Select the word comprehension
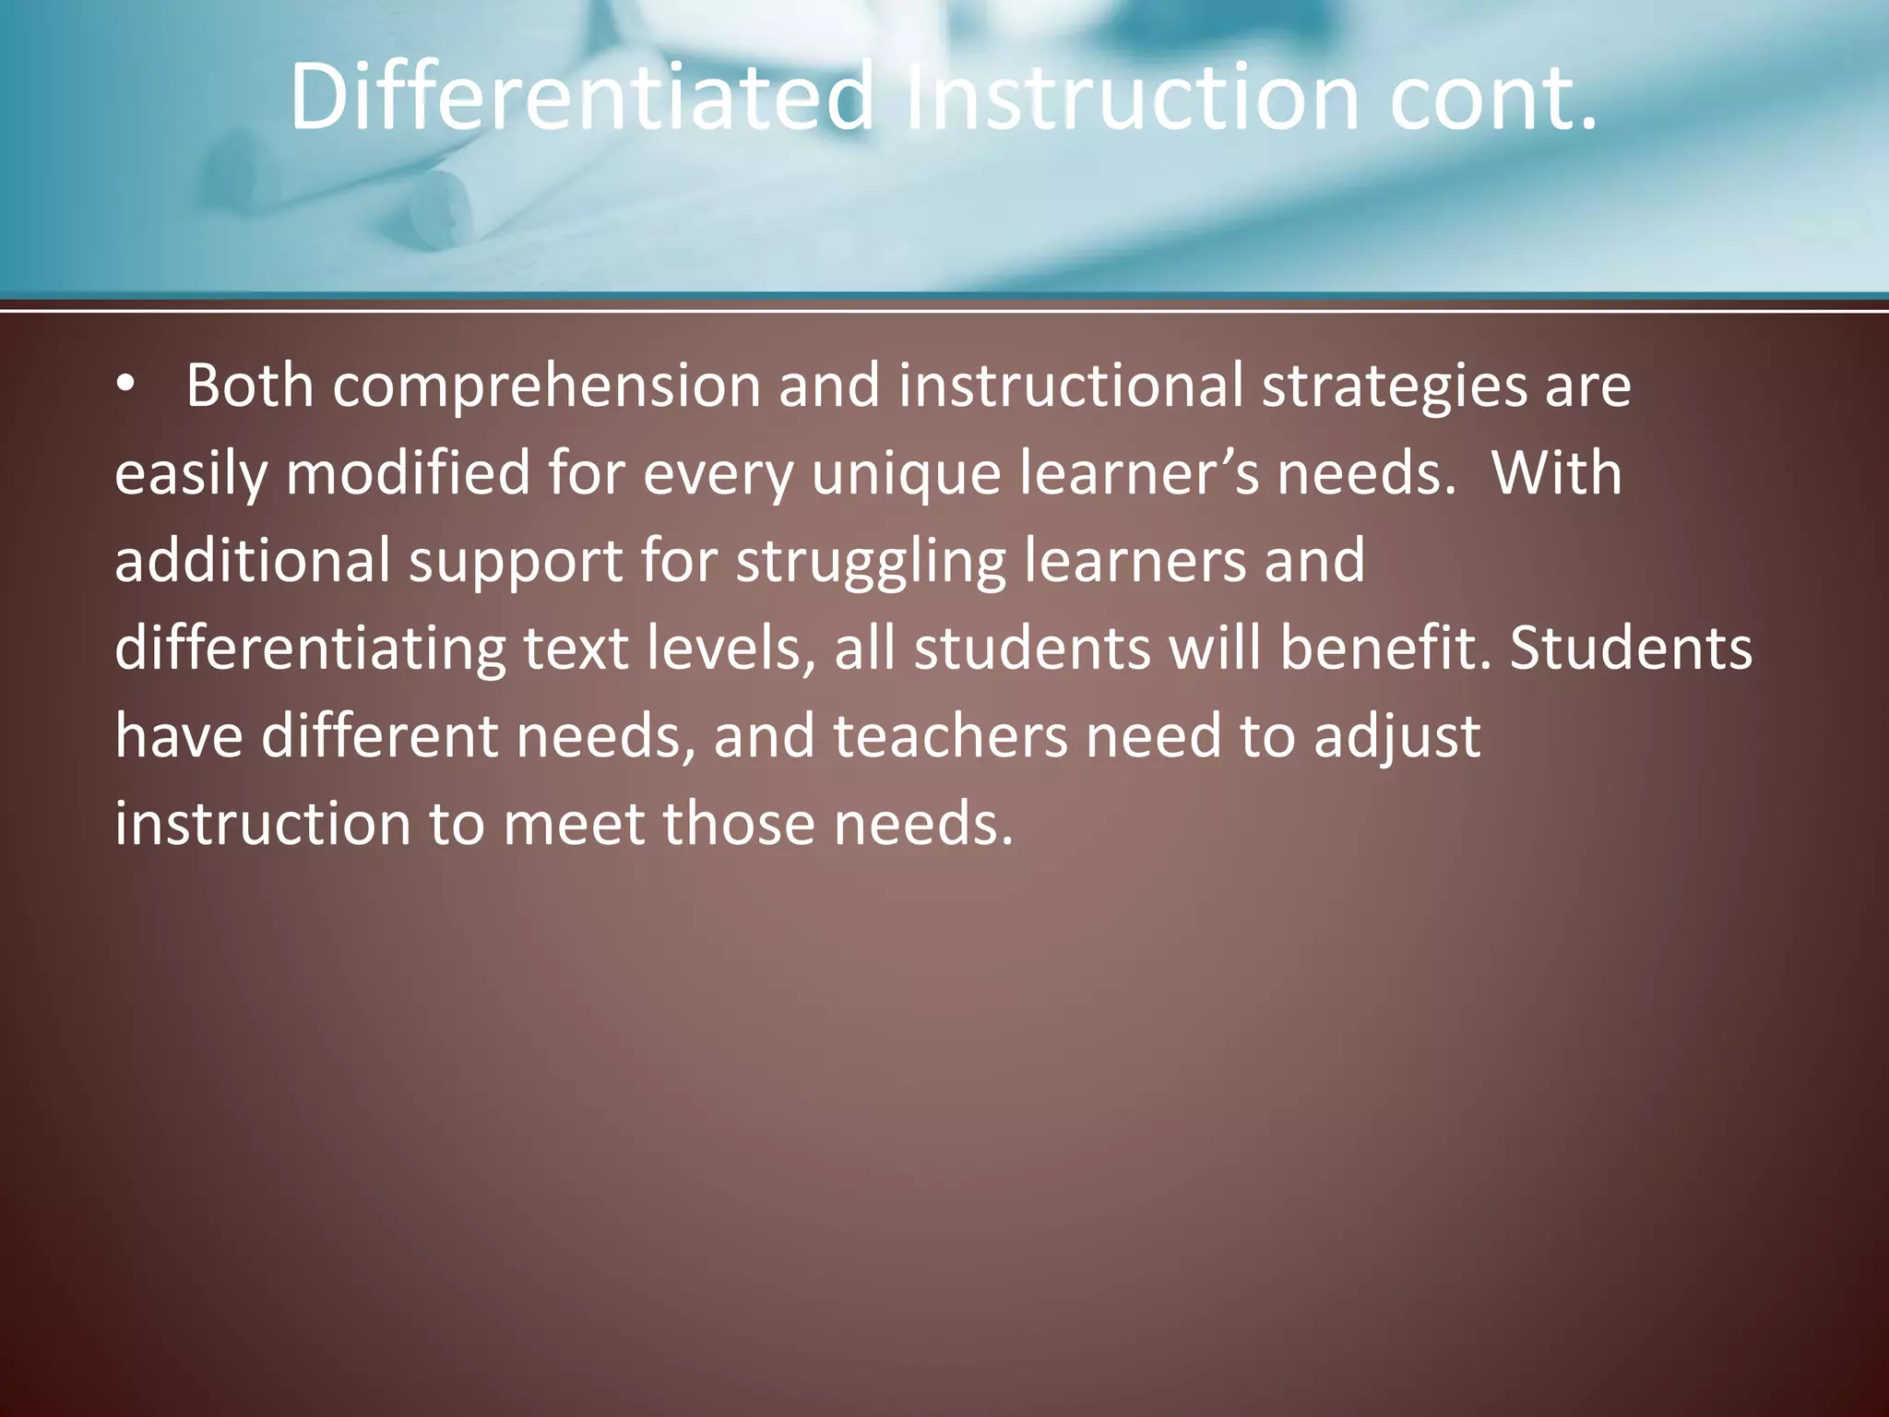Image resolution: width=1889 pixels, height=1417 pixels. tap(546, 386)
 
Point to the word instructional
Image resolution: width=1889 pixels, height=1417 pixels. tap(1070, 386)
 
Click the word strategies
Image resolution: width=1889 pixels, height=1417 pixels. tap(1394, 386)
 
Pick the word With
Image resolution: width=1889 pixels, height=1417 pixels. tap(1556, 473)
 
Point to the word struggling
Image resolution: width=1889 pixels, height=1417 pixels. tap(871, 561)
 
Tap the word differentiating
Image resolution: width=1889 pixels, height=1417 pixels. tap(310, 649)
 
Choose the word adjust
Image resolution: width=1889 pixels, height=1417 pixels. tap(1396, 736)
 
